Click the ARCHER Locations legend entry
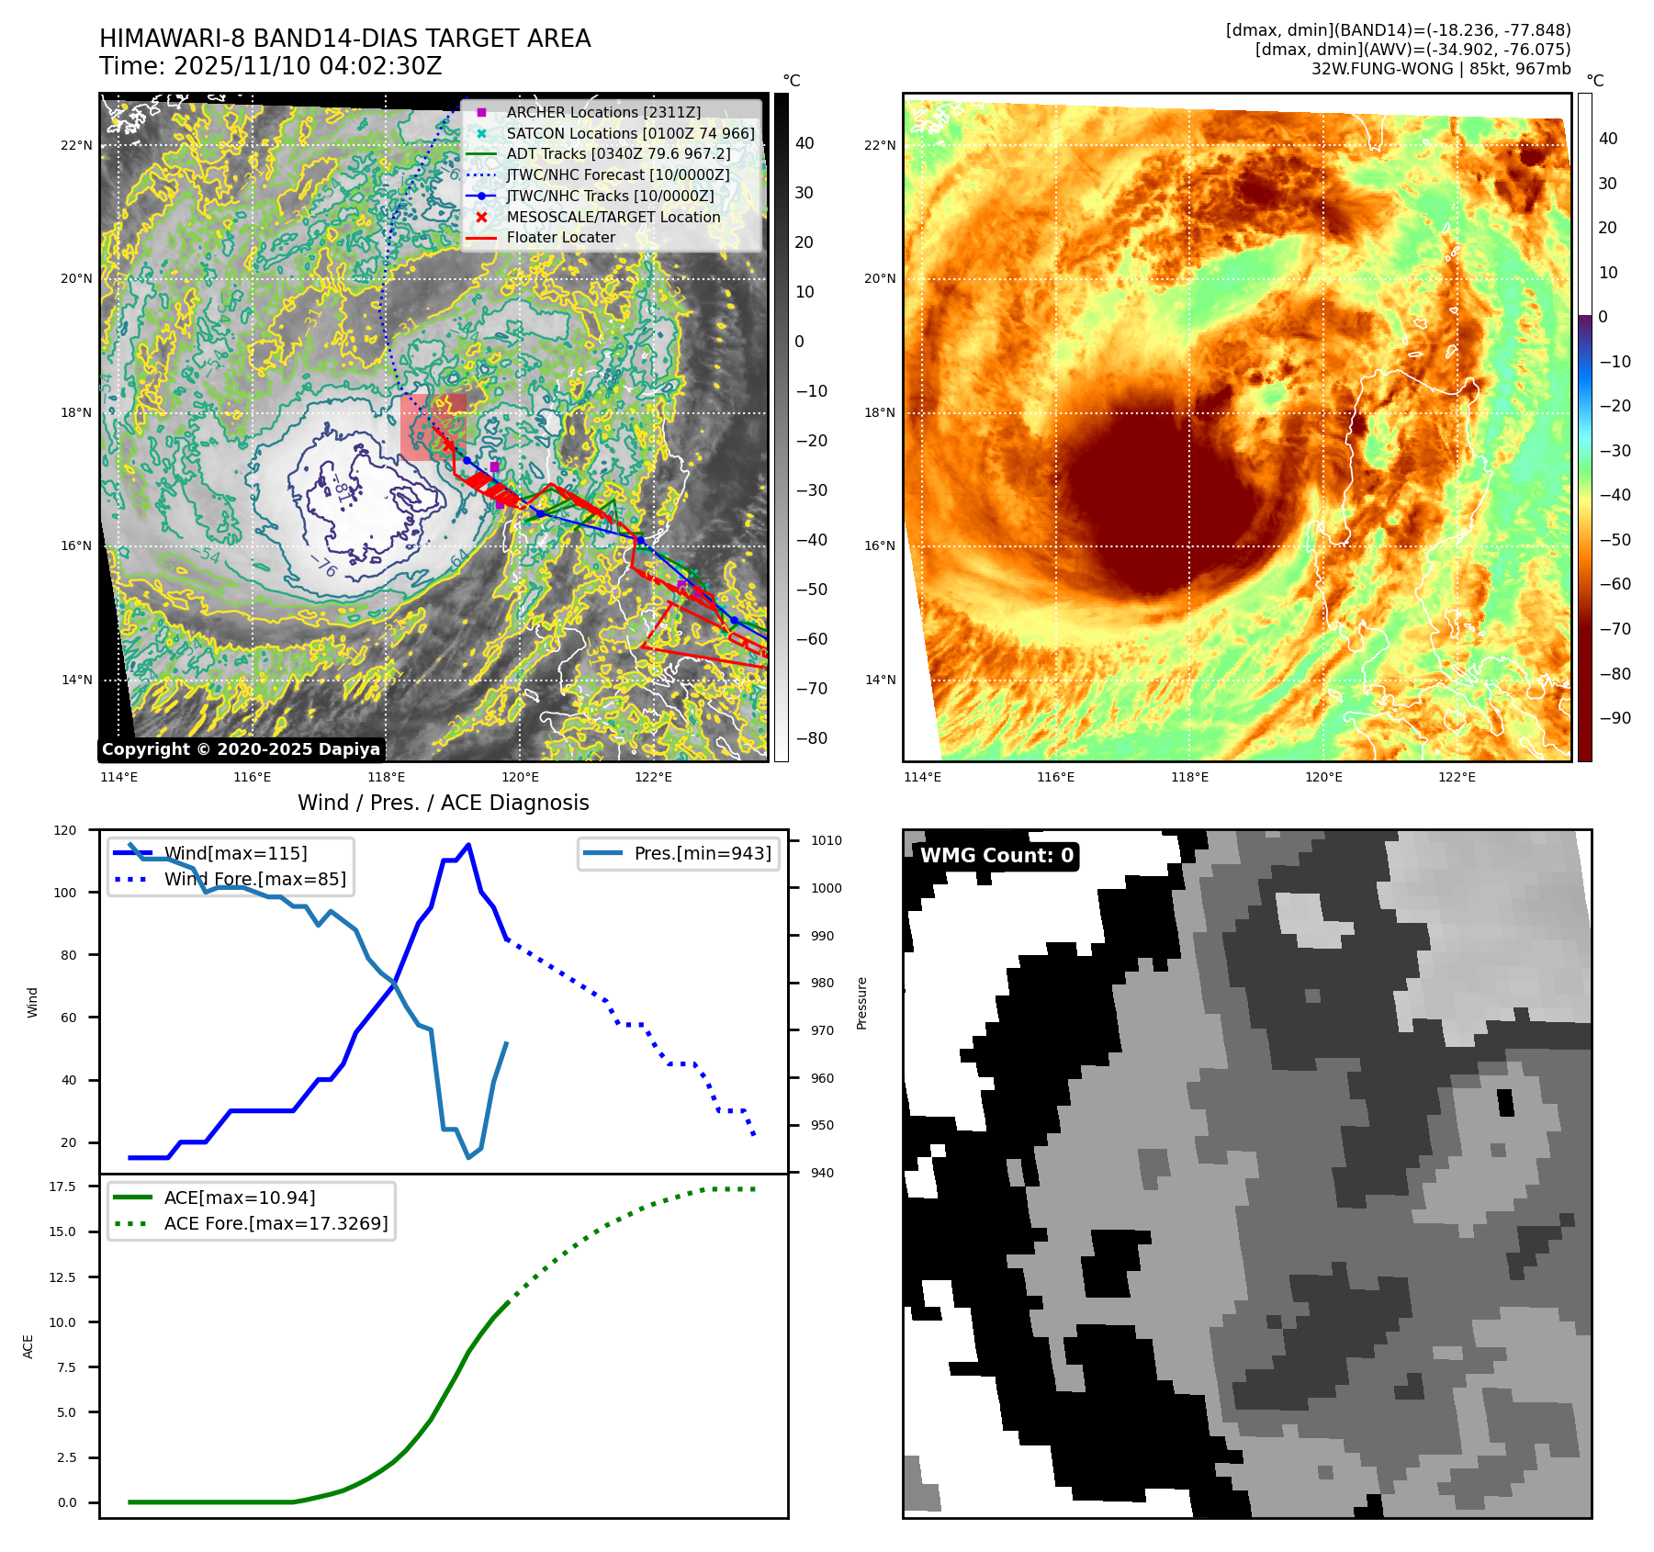click(x=602, y=112)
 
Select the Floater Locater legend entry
click(x=560, y=237)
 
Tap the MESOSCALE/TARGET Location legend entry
click(x=613, y=217)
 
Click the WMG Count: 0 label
click(x=996, y=856)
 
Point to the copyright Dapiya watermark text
click(x=241, y=749)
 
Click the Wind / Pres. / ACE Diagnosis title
click(x=443, y=803)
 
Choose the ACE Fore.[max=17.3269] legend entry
click(x=276, y=1223)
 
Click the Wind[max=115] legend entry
click(x=235, y=853)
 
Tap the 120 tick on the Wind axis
click(x=65, y=830)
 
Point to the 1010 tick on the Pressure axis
click(x=826, y=840)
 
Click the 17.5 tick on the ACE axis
click(x=62, y=1186)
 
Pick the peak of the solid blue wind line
click(x=468, y=844)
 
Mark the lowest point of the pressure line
click(x=468, y=1157)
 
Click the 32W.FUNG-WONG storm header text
click(x=1440, y=69)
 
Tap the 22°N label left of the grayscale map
click(x=76, y=145)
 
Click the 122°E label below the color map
click(x=1457, y=777)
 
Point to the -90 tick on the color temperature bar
click(x=1615, y=718)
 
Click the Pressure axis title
click(x=861, y=1003)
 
